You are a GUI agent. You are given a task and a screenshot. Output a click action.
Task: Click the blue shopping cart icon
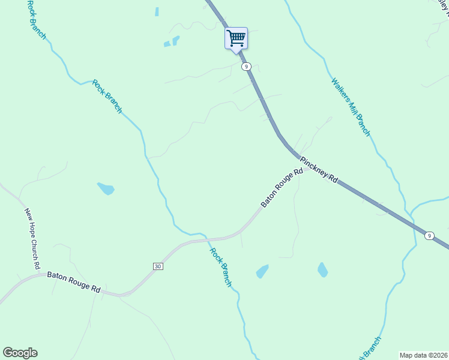(x=236, y=38)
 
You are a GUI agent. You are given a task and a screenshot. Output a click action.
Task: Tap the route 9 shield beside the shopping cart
(x=246, y=67)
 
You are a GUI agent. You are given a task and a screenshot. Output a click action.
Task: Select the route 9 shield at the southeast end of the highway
(x=429, y=236)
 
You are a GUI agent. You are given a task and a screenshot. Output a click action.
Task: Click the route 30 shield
(x=157, y=266)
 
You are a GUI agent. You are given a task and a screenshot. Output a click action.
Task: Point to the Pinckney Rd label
(x=319, y=170)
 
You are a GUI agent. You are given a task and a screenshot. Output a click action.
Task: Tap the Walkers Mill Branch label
(x=351, y=106)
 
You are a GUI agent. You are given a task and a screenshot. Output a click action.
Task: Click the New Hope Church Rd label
(x=32, y=238)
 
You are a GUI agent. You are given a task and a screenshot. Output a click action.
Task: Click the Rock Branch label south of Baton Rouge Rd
(x=220, y=267)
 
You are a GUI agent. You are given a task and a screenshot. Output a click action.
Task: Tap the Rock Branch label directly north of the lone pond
(x=107, y=96)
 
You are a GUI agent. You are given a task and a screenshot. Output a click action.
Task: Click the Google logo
(x=20, y=353)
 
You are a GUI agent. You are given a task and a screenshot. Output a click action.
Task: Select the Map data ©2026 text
(x=423, y=355)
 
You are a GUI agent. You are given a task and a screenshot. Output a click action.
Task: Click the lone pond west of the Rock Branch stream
(x=106, y=188)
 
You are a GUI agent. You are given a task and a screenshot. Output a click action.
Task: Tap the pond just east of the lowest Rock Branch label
(x=262, y=271)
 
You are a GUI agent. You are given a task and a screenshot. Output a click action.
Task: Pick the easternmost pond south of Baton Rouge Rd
(x=323, y=269)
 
